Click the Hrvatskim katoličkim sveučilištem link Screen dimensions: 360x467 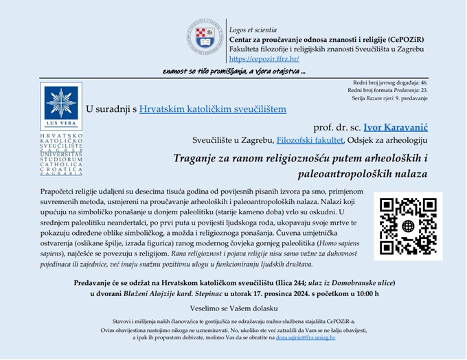[213, 109]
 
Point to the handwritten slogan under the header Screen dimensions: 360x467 [234, 71]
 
